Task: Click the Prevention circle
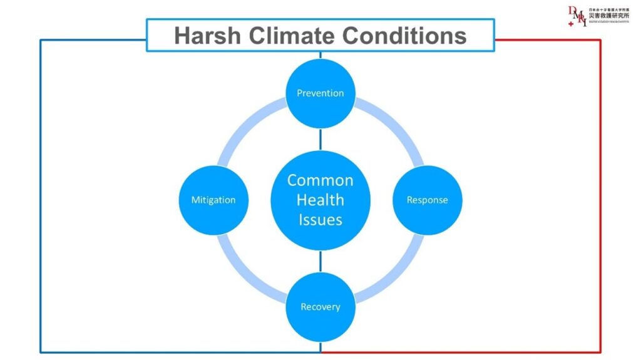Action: tap(320, 93)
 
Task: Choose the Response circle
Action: tap(427, 200)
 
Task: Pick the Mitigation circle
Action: tap(213, 200)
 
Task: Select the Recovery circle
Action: tap(320, 307)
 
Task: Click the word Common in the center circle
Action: tap(320, 180)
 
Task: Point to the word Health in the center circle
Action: tap(320, 200)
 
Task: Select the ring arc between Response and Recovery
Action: tap(393, 273)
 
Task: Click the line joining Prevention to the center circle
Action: tap(320, 139)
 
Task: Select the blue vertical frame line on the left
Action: tap(41, 200)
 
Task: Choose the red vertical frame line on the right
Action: tap(600, 200)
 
